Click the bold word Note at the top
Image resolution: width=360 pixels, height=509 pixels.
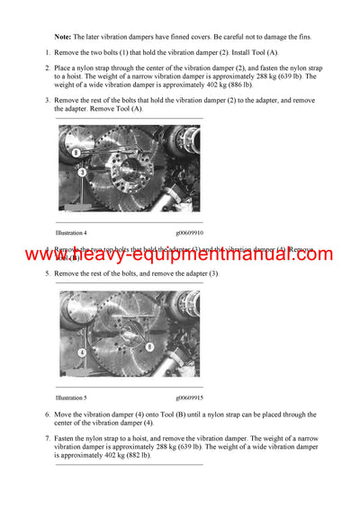pos(64,37)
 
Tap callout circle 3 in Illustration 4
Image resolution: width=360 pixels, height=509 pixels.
pos(82,171)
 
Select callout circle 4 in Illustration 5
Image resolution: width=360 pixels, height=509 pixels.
pos(82,353)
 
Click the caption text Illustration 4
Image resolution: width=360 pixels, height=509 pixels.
pos(71,233)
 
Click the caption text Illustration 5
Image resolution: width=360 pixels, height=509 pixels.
pos(71,397)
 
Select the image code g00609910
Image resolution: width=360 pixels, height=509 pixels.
pos(188,233)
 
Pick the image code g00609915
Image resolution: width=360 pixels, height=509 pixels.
pos(188,397)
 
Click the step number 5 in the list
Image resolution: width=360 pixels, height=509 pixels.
pos(48,272)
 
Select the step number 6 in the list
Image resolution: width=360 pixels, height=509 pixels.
pos(48,415)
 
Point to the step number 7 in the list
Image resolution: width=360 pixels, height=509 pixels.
pos(48,437)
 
